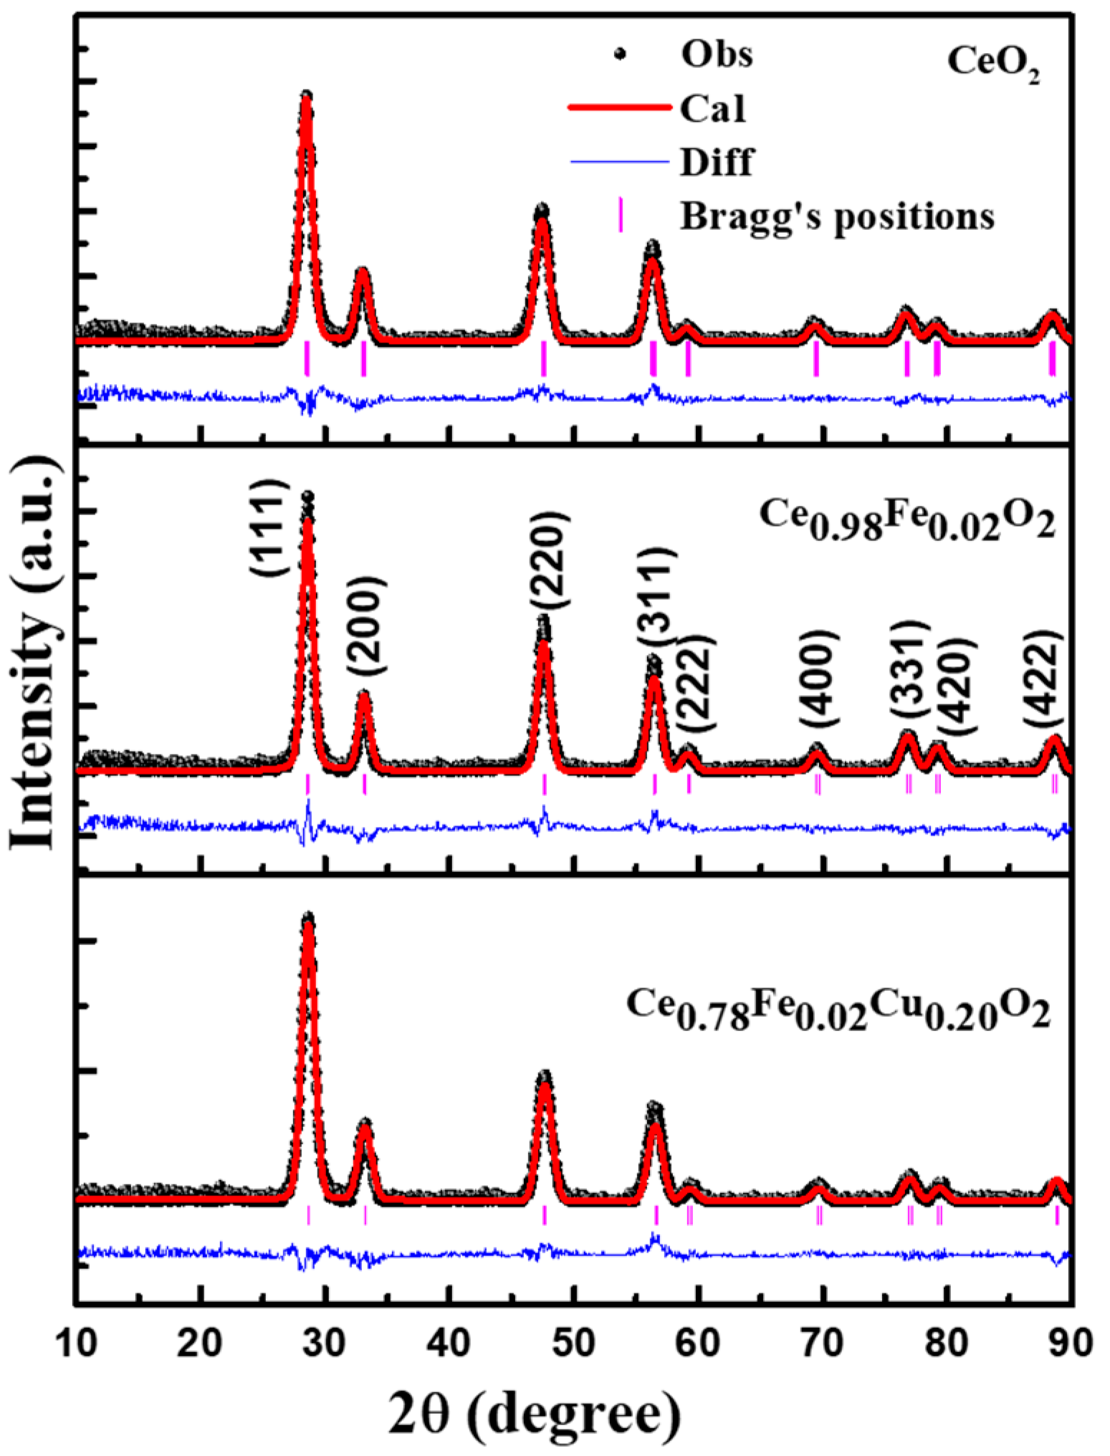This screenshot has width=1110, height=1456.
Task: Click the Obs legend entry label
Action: (x=716, y=54)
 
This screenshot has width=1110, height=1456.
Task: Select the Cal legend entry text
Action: (x=712, y=109)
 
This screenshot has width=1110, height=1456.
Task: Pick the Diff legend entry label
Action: (x=716, y=162)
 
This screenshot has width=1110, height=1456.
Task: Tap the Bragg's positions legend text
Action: (x=836, y=216)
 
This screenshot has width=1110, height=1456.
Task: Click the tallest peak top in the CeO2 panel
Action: (x=307, y=96)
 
